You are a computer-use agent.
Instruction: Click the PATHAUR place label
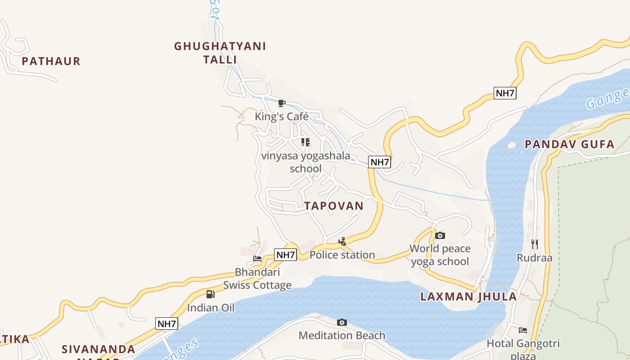click(51, 61)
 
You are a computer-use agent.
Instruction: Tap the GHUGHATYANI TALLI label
click(220, 53)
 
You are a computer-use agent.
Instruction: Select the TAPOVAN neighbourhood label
click(333, 206)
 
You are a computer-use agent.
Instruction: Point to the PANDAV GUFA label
click(569, 144)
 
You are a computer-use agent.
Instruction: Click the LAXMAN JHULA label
click(468, 297)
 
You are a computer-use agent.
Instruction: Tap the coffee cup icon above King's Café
click(282, 103)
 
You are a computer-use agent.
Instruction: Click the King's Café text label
click(282, 117)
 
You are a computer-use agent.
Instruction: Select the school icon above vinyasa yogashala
click(306, 142)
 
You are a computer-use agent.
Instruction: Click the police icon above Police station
click(342, 242)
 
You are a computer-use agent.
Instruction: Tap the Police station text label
click(342, 255)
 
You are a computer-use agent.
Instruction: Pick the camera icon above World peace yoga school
click(440, 235)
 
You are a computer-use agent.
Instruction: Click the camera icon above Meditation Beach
click(342, 322)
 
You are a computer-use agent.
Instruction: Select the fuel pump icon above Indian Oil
click(211, 294)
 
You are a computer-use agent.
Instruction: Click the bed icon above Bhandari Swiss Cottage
click(257, 259)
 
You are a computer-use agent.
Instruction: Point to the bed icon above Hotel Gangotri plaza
click(523, 330)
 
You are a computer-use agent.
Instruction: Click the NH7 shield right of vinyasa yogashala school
click(379, 162)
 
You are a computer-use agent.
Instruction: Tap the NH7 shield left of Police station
click(285, 255)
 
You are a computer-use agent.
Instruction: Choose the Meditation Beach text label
click(342, 335)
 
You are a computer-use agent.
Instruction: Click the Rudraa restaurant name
click(535, 258)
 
